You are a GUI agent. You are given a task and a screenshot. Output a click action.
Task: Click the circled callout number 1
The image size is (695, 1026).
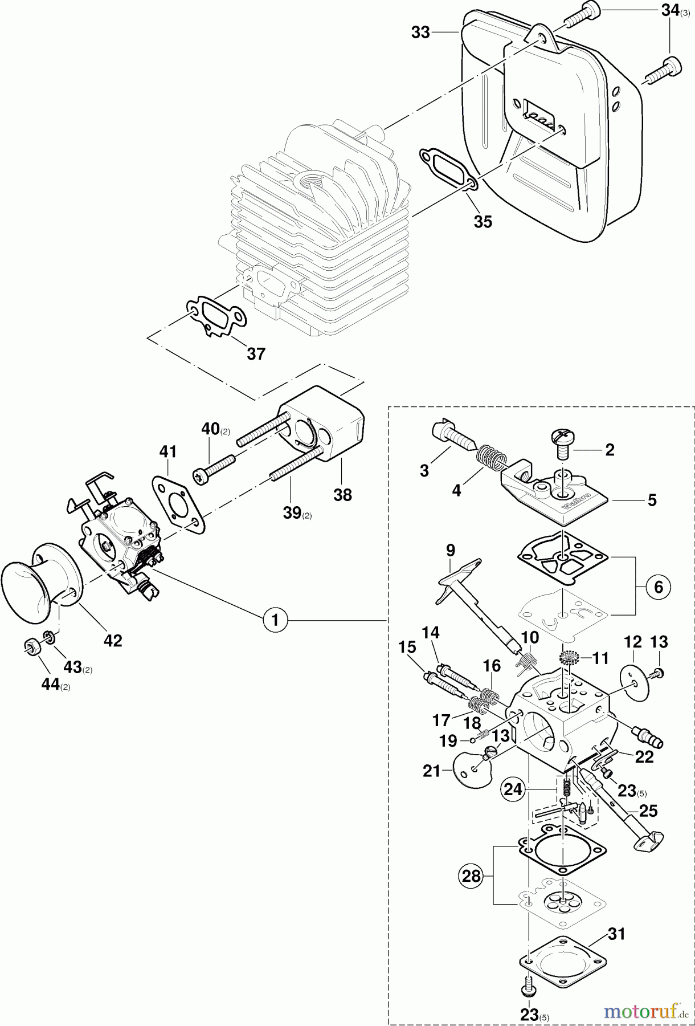[x=276, y=619]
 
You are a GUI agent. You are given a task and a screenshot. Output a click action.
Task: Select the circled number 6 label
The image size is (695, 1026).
[x=659, y=587]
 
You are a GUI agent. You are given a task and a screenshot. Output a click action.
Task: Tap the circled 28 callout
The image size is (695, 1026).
[x=472, y=876]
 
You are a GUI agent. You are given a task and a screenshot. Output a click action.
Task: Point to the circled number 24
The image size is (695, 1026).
[x=513, y=789]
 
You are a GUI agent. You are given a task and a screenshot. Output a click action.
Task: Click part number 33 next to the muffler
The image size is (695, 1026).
[x=420, y=32]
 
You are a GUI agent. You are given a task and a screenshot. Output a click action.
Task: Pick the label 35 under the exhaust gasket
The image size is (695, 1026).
[x=483, y=222]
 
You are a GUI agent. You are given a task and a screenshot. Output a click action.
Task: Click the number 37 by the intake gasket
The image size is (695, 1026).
[x=256, y=353]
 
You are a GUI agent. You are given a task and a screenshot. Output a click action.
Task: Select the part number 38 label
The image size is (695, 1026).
[x=342, y=494]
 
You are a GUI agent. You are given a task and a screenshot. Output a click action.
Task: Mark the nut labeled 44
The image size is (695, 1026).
[x=31, y=648]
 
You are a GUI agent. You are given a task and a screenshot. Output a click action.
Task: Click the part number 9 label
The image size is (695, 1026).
[x=451, y=550]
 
